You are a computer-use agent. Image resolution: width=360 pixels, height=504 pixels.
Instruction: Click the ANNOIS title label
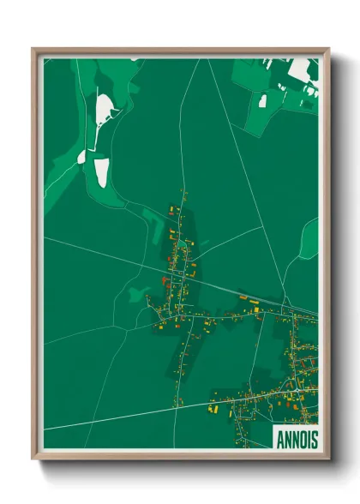296,439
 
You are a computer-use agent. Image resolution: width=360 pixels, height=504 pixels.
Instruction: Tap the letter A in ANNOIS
279,439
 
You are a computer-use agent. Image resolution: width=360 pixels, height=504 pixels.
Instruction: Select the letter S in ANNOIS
313,439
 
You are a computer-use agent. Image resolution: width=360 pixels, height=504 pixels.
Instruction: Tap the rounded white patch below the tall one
101,171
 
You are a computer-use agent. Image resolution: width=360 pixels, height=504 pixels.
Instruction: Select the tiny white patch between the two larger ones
81,156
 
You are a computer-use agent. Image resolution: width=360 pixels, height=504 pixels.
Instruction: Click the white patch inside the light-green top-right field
262,101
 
